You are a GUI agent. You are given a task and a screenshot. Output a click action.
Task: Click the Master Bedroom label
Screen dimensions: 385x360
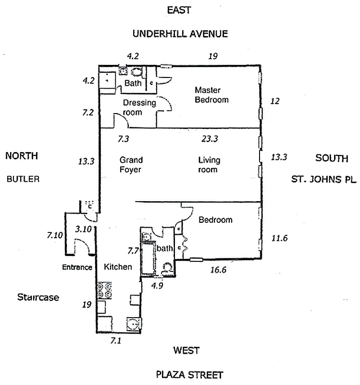point(211,95)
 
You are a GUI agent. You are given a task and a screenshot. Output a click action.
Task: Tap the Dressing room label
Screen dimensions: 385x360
point(139,107)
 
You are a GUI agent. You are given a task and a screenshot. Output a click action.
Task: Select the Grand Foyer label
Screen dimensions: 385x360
point(131,165)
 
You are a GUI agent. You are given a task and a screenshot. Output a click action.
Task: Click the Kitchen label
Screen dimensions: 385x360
point(118,267)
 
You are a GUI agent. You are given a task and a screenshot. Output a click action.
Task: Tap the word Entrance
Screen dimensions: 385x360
point(76,267)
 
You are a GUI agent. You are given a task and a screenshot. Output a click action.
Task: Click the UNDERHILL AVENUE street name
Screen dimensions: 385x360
point(180,34)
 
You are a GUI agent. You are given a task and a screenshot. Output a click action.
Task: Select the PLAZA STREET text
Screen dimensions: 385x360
point(189,374)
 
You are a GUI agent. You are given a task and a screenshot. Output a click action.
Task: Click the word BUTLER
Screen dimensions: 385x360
point(23,179)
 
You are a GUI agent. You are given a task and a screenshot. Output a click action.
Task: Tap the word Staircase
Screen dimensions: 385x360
point(38,297)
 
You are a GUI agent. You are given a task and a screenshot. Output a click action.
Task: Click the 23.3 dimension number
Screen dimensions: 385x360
point(210,139)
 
